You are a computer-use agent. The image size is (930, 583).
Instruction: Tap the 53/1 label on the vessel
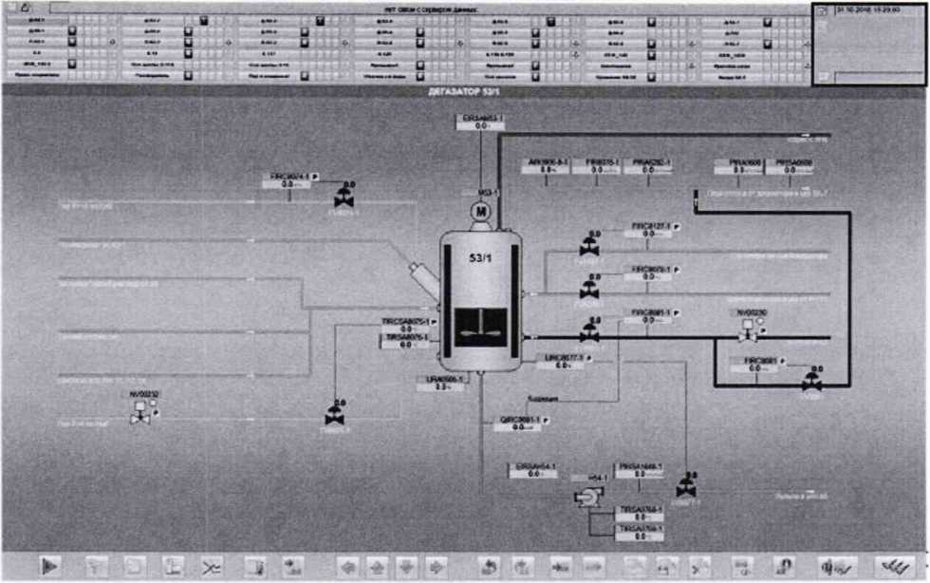480,257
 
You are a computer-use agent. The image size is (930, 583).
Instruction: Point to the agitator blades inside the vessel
479,332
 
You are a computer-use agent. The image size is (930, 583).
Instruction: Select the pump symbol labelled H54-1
586,497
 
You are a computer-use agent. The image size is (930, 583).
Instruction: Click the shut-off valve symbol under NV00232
140,410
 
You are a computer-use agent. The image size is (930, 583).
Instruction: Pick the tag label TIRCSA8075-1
406,322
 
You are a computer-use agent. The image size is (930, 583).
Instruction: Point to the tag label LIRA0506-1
444,379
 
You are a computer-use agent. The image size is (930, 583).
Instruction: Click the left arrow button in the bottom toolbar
348,566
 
